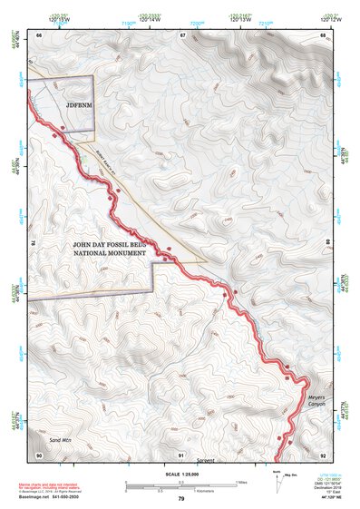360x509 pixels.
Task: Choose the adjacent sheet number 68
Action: pyautogui.click(x=322, y=34)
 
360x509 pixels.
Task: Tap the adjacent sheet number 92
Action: pyautogui.click(x=322, y=455)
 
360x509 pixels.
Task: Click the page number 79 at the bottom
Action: pyautogui.click(x=180, y=499)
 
